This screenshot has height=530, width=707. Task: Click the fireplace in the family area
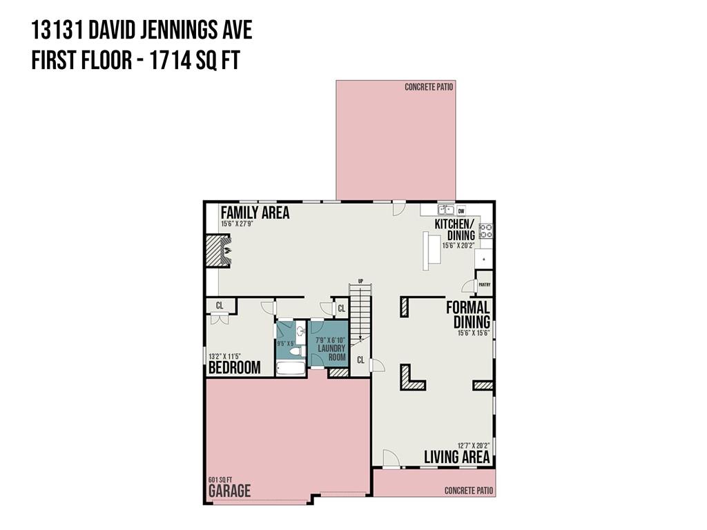(x=218, y=251)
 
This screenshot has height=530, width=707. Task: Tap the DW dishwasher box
(x=461, y=210)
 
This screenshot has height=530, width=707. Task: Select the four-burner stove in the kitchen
(x=485, y=230)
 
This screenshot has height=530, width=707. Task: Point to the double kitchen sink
(x=446, y=210)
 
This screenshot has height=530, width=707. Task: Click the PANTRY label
(x=484, y=285)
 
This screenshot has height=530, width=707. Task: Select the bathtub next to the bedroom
(x=291, y=369)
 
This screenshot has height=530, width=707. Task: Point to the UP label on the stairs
(x=360, y=281)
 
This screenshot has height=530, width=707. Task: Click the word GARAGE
(x=229, y=491)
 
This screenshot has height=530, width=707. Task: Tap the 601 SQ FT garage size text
(x=220, y=480)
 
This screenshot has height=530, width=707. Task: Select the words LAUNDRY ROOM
(x=331, y=353)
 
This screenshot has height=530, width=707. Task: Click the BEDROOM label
(x=235, y=368)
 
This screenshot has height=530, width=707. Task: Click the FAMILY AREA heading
(x=255, y=213)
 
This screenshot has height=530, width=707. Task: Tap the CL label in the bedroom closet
(x=220, y=306)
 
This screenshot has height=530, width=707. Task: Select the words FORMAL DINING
(x=468, y=315)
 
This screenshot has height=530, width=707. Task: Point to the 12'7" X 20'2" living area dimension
(x=474, y=446)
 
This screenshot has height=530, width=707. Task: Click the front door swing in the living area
(x=391, y=459)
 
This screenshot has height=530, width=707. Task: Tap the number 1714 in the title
(x=170, y=61)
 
